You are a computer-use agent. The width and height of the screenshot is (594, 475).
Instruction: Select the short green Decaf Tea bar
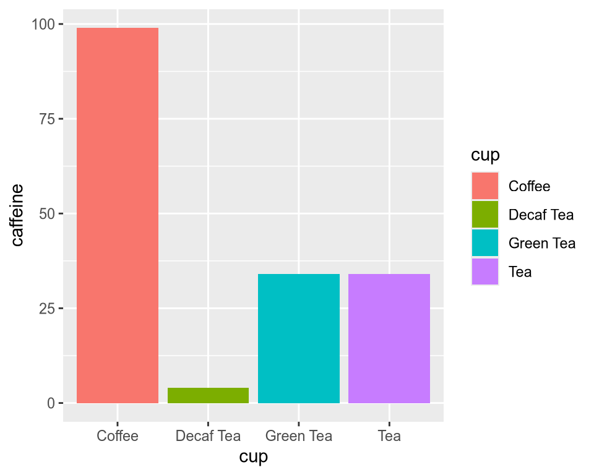pyautogui.click(x=208, y=395)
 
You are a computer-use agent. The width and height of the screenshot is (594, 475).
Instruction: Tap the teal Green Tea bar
pyautogui.click(x=299, y=338)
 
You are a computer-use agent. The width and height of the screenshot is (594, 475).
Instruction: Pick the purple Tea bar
pyautogui.click(x=389, y=338)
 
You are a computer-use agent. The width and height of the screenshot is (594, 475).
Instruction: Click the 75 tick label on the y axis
pyautogui.click(x=47, y=119)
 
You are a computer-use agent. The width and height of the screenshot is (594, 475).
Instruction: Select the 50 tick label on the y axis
pyautogui.click(x=47, y=214)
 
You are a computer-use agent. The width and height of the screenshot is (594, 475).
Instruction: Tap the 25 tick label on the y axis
pyautogui.click(x=47, y=309)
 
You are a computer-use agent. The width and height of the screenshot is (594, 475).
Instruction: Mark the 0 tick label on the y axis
pyautogui.click(x=51, y=403)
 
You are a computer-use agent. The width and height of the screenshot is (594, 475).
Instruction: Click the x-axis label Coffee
pyautogui.click(x=118, y=436)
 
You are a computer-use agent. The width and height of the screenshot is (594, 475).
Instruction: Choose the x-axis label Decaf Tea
pyautogui.click(x=208, y=436)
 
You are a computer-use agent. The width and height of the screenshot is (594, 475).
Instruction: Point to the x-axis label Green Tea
pyautogui.click(x=299, y=436)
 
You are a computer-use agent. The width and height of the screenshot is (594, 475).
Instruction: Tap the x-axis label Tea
pyautogui.click(x=389, y=436)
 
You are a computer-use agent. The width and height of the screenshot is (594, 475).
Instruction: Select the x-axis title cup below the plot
pyautogui.click(x=253, y=458)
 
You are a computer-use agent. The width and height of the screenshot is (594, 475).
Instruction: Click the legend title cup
pyautogui.click(x=485, y=155)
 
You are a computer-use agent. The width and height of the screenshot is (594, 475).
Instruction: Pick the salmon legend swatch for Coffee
pyautogui.click(x=484, y=186)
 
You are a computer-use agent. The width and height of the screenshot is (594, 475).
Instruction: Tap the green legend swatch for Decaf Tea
pyautogui.click(x=484, y=215)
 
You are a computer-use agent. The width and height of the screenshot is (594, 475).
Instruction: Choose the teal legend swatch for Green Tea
pyautogui.click(x=484, y=243)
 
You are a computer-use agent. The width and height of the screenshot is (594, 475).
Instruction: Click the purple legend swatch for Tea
pyautogui.click(x=484, y=272)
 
